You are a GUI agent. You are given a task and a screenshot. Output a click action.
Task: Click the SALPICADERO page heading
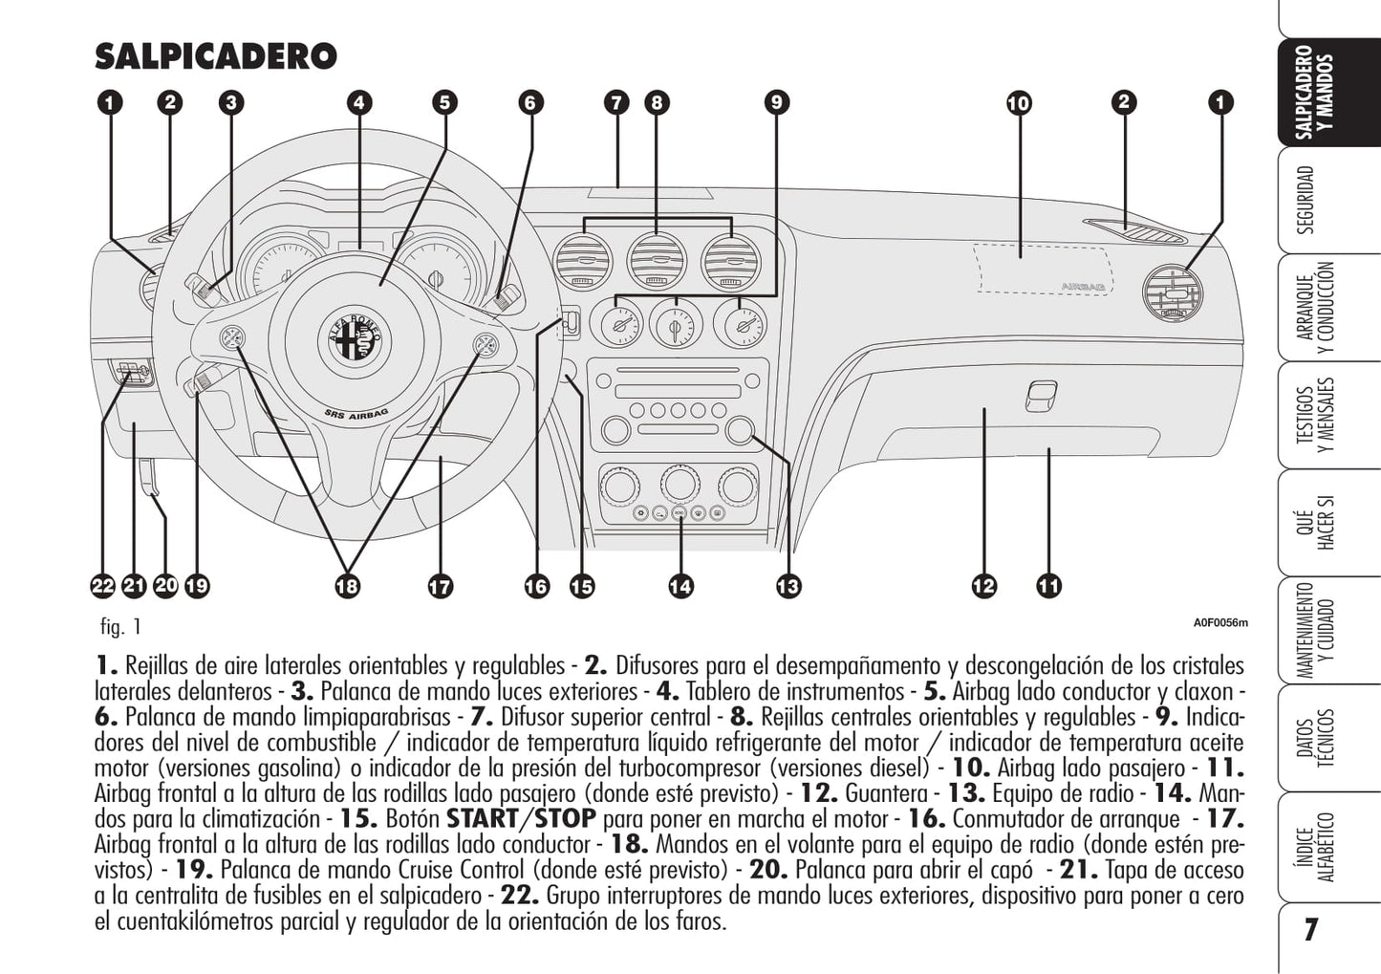(215, 56)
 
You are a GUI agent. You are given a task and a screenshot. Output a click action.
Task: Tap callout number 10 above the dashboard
(1019, 102)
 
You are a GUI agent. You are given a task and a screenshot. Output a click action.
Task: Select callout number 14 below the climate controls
(680, 586)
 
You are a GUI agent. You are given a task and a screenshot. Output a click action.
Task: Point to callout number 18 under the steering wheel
(347, 586)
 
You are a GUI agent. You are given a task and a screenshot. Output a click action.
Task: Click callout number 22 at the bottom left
(103, 586)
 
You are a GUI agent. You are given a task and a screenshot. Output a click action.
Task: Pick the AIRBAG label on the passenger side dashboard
(1082, 286)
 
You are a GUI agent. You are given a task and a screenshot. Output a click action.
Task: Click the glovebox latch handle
(1041, 395)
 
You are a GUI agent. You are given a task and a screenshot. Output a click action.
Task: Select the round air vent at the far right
(1173, 291)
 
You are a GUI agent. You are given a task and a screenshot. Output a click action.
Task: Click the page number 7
(1311, 929)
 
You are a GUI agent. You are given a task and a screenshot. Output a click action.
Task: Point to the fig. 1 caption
(121, 627)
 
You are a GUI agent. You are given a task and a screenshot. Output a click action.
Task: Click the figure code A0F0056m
(1219, 623)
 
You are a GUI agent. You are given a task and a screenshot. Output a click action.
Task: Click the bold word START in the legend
(482, 819)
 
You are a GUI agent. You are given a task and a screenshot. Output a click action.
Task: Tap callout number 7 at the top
(616, 102)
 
